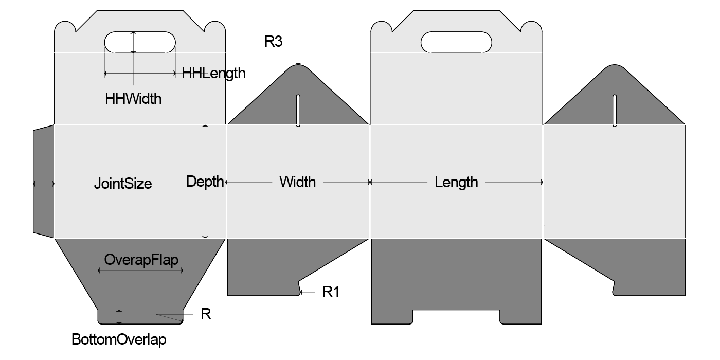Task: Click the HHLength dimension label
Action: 213,73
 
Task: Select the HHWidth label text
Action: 133,98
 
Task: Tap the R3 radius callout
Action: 274,42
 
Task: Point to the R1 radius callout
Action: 331,292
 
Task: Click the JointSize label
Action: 123,184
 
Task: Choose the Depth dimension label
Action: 205,182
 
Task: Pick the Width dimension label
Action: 298,182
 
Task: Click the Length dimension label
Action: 456,182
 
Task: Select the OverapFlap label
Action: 141,260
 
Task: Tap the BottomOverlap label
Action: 119,340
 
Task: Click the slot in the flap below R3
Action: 298,110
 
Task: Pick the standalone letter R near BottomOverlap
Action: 206,314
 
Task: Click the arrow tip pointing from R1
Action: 302,292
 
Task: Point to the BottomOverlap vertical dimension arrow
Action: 120,317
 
